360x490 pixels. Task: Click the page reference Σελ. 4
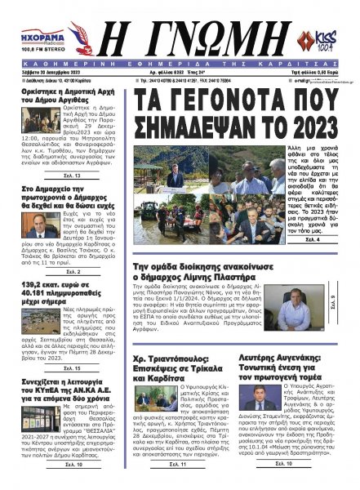point(313,242)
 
